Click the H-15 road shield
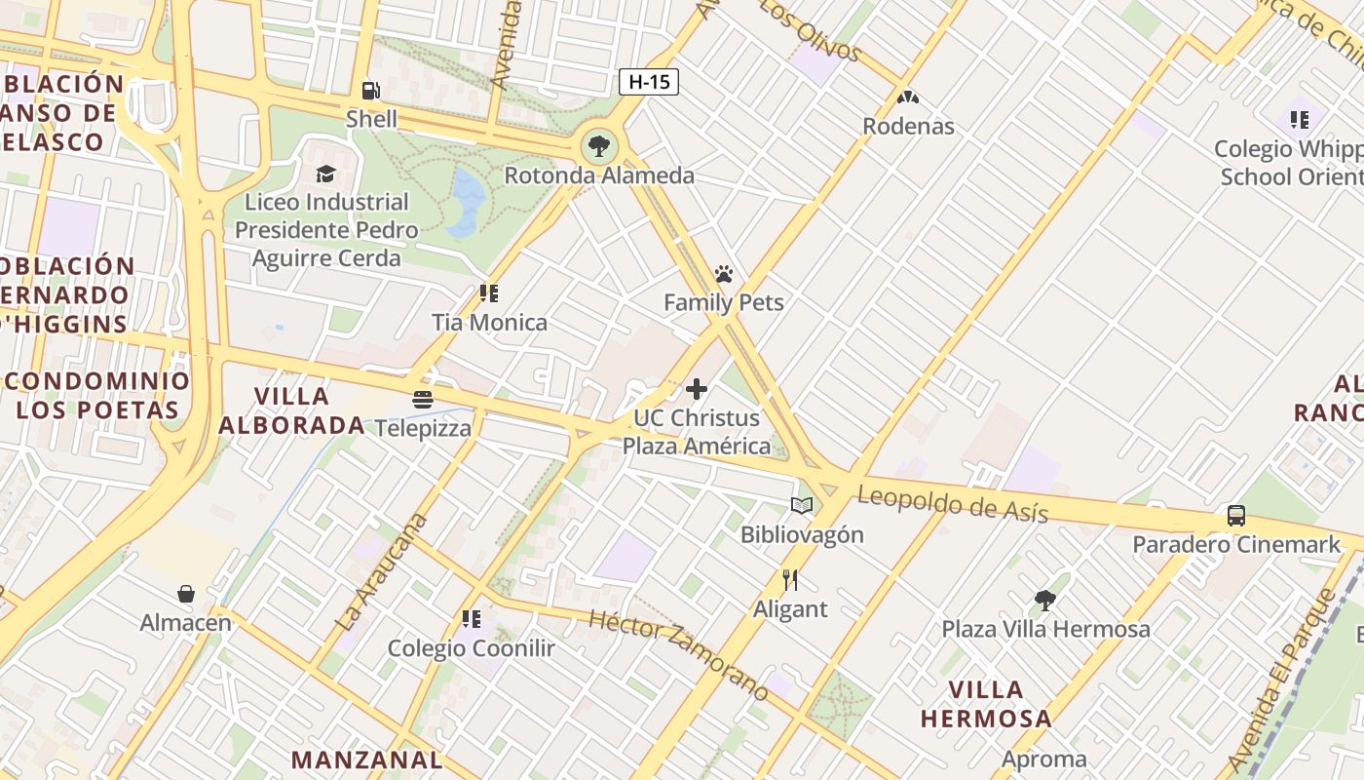tap(649, 82)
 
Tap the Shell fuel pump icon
tap(371, 91)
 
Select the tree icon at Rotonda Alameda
tap(598, 147)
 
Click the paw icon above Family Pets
tap(723, 274)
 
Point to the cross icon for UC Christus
tap(697, 389)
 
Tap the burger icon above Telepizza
tap(422, 400)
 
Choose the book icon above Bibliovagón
tap(802, 505)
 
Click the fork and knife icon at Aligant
tap(790, 580)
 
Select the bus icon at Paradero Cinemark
tap(1236, 515)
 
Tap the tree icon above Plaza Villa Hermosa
tap(1045, 600)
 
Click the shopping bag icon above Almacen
tap(186, 594)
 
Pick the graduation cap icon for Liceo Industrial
tap(325, 174)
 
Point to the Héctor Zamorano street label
tap(679, 653)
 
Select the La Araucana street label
tap(381, 571)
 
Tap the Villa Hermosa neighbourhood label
tap(986, 704)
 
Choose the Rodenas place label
tap(908, 126)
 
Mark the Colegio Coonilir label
tap(471, 648)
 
